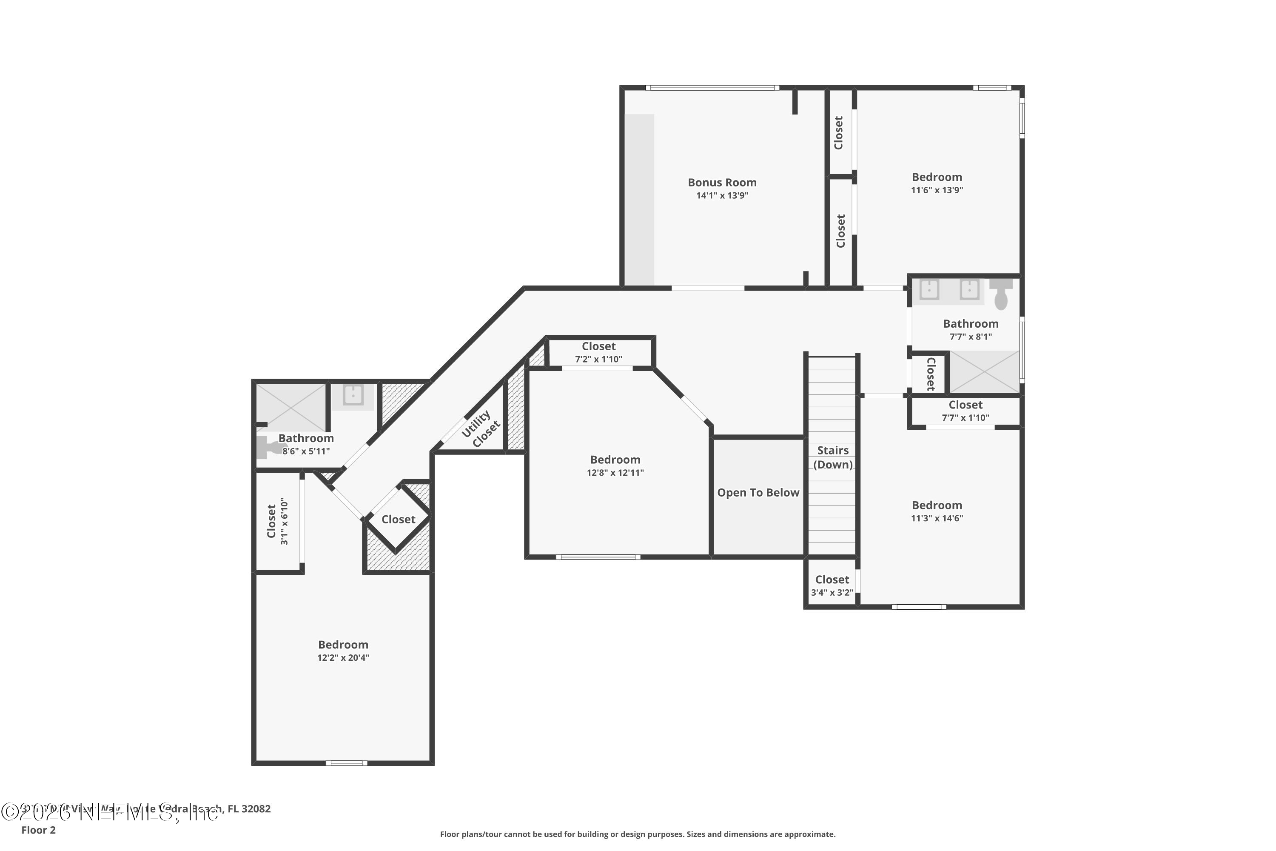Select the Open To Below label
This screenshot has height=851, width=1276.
click(758, 493)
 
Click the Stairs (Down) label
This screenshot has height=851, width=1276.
click(833, 457)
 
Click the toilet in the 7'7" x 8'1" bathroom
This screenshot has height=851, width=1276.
click(1001, 294)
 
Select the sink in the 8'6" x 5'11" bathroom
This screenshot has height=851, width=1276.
click(353, 396)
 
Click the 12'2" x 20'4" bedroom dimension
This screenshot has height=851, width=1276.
click(343, 658)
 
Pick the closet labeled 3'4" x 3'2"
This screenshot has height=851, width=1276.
click(832, 586)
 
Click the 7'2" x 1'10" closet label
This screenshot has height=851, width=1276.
click(598, 346)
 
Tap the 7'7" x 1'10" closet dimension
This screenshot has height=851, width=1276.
click(965, 418)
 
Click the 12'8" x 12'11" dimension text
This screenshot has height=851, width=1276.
click(615, 473)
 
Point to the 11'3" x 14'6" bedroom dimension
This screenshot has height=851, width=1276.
click(937, 518)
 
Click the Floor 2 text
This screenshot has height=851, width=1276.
click(39, 830)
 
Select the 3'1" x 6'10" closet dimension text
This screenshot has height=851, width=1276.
click(284, 522)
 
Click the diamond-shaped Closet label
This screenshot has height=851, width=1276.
click(398, 520)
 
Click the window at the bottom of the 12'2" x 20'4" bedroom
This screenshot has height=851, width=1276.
click(346, 763)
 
